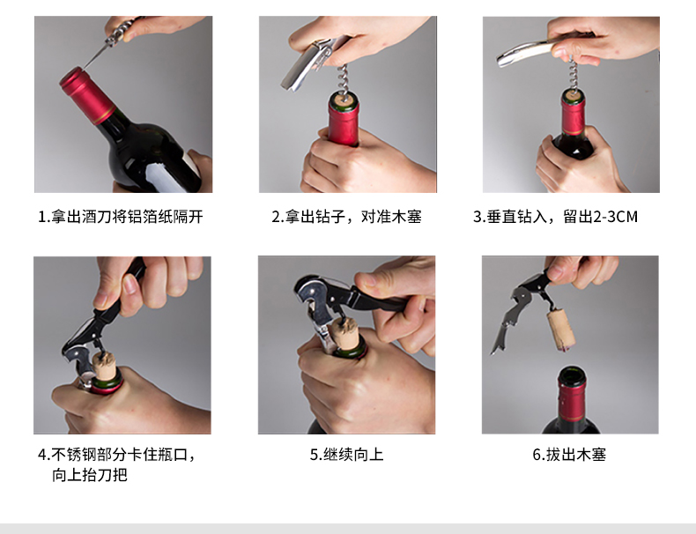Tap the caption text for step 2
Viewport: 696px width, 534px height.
point(346,217)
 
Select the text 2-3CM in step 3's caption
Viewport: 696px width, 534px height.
point(607,217)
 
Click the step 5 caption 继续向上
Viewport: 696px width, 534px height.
point(346,455)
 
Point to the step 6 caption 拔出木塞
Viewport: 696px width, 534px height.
point(570,455)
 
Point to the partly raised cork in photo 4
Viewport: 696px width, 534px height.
point(106,364)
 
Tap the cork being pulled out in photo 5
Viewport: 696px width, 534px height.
point(342,339)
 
